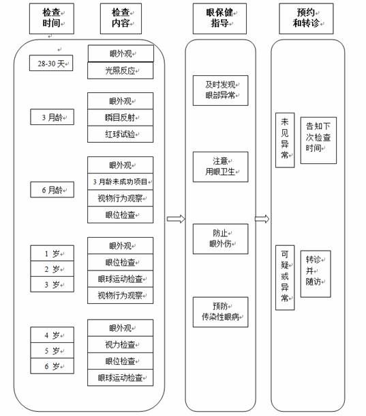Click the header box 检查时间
coord(52,18)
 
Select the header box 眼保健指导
coord(219,18)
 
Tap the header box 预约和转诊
coord(306,18)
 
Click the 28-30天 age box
coord(51,63)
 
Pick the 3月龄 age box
coord(52,117)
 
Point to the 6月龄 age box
coord(52,189)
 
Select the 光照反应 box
coord(121,70)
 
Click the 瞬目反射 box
coord(121,117)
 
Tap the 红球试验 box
coord(121,134)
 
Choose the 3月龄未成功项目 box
coord(121,182)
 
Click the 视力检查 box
coord(121,344)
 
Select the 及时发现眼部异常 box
coord(220,90)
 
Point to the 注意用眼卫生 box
coord(220,167)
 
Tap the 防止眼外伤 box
coord(220,239)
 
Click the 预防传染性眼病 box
coord(220,312)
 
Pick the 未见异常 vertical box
coord(285,140)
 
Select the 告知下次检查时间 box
coord(318,140)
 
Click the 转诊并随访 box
coord(316,274)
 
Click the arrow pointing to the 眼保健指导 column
coord(176,219)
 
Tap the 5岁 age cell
coord(52,350)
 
